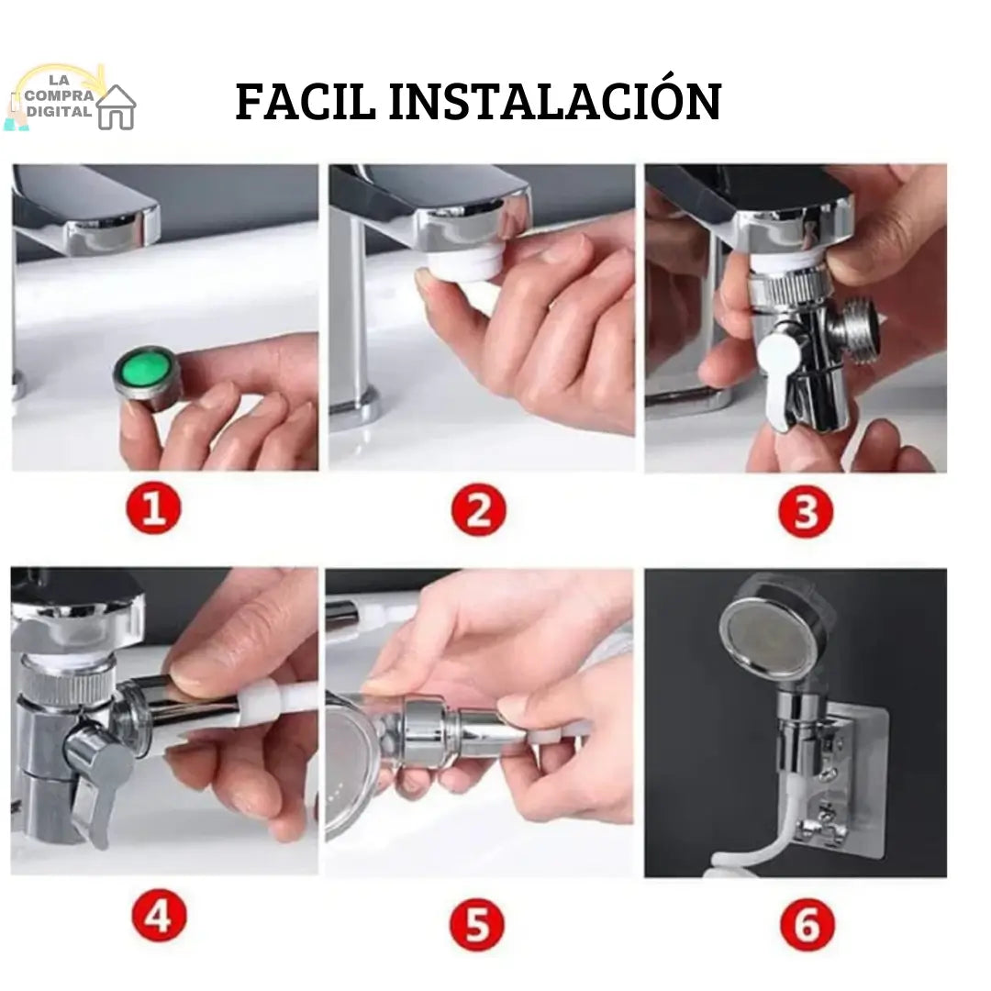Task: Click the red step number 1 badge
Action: pos(153,509)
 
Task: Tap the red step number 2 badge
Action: pos(479,509)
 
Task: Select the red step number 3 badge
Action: pos(806,511)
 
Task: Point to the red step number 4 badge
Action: pos(160,916)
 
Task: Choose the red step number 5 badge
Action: pos(477,925)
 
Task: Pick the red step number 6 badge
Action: pos(807,925)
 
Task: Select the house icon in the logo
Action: pos(117,107)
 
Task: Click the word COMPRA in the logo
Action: pos(59,96)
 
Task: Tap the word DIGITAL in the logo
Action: pos(59,111)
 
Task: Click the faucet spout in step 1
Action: pos(86,210)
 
